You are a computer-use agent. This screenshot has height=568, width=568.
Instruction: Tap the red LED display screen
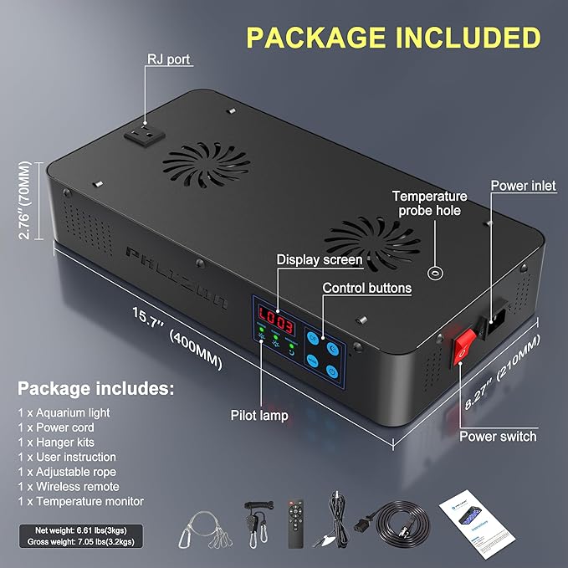click(x=274, y=318)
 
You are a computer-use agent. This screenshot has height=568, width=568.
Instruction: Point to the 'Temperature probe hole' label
click(x=430, y=203)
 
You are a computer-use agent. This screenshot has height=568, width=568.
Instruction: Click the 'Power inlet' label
click(x=522, y=186)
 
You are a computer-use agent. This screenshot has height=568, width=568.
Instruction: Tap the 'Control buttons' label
click(x=367, y=288)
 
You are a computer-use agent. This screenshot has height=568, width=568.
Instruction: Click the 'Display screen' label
click(x=320, y=259)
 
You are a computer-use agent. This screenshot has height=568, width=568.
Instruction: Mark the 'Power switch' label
click(x=498, y=436)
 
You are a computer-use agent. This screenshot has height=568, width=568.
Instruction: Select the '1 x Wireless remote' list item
click(x=69, y=486)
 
